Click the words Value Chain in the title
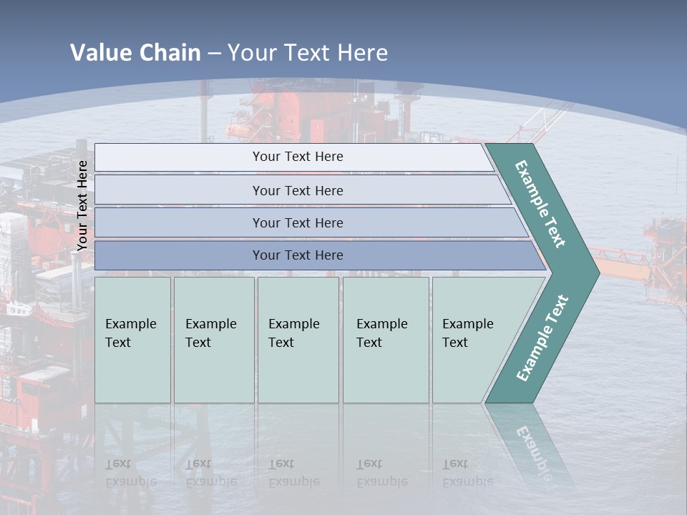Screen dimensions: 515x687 point(135,52)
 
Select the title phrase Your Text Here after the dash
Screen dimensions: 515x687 point(308,52)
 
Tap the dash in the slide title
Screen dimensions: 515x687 point(214,53)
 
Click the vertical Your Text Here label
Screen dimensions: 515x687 point(82,206)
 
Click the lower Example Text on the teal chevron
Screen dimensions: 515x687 point(542,338)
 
